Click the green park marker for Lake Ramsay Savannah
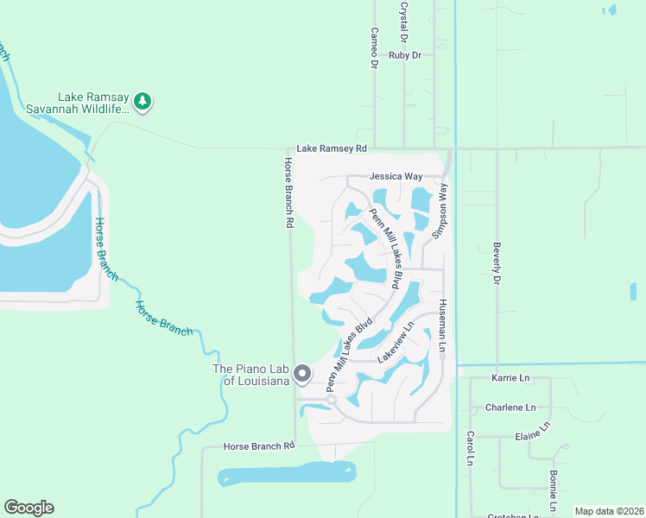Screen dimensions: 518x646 click(142, 103)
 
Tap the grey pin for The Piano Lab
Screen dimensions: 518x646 click(302, 374)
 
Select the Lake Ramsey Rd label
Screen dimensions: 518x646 click(332, 148)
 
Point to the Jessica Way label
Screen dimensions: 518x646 click(396, 176)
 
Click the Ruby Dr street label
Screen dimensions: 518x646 click(404, 55)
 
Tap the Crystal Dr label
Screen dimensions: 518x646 click(403, 22)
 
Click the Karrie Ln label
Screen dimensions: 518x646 click(510, 378)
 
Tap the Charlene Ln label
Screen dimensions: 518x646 click(510, 407)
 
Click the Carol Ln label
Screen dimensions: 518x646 click(471, 449)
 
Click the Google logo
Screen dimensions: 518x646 click(28, 508)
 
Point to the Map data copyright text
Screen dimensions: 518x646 click(609, 511)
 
